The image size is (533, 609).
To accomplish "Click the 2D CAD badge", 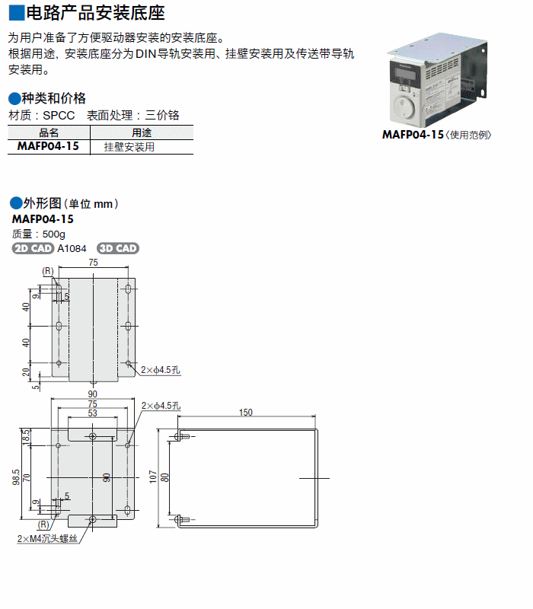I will point(33,248).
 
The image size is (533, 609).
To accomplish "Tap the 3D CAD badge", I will point(118,248).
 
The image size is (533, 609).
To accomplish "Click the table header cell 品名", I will point(48,132).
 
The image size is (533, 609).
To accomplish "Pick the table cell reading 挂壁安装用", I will point(129,147).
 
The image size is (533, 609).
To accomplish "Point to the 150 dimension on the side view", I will point(245,412).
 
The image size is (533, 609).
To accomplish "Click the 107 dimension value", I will point(153,477).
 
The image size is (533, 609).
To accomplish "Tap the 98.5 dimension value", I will point(15,477).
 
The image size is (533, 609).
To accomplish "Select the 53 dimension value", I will point(92,413).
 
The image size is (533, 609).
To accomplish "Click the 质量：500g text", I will point(39,234).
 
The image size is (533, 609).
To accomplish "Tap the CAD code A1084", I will point(72,248).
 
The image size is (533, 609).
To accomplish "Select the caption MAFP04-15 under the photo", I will point(412,135).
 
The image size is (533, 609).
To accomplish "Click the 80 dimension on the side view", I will point(164,477).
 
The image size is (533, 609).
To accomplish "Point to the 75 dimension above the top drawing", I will point(93,262).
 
